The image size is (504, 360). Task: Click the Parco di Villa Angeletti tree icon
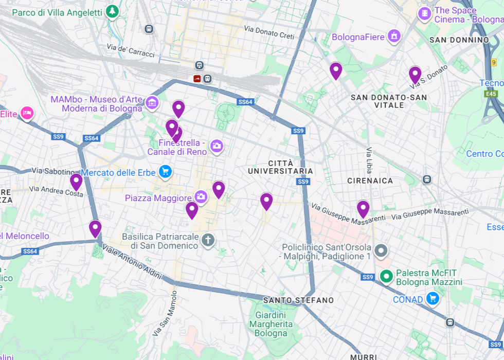click(112, 11)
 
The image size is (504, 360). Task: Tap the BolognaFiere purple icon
click(394, 36)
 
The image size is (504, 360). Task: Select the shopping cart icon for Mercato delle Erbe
click(165, 172)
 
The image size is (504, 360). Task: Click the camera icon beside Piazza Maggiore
click(201, 196)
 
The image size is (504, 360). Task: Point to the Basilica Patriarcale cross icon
click(208, 240)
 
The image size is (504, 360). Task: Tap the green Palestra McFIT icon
click(386, 277)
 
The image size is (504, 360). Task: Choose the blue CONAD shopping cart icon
click(433, 298)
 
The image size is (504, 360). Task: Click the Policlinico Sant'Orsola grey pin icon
click(381, 251)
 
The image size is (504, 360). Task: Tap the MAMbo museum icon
click(152, 103)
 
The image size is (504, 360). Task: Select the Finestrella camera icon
click(217, 147)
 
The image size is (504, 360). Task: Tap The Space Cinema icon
click(424, 14)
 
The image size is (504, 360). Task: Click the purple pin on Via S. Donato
click(415, 75)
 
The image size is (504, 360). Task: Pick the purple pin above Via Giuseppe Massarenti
click(363, 209)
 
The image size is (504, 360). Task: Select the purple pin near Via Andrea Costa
click(76, 182)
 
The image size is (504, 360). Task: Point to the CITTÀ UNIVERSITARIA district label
click(280, 167)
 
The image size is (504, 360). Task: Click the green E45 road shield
click(491, 94)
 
